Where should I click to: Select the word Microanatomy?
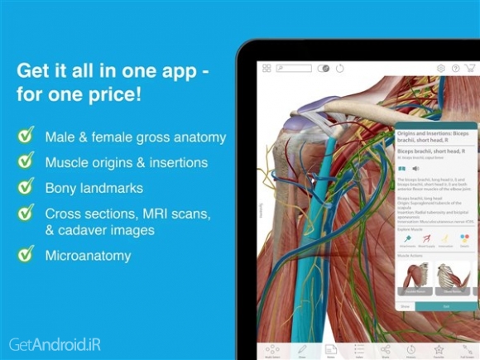[x=88, y=256]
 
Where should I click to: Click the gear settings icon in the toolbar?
[x=441, y=68]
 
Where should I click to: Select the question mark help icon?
[x=456, y=68]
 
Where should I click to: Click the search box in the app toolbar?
[x=294, y=68]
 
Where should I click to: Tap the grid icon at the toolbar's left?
[x=266, y=68]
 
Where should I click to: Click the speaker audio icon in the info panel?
[x=415, y=168]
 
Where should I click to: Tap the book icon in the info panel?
[x=402, y=168]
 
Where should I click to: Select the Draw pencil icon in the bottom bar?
[x=302, y=349]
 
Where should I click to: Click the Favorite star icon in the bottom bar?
[x=439, y=349]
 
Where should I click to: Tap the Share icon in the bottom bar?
[x=385, y=349]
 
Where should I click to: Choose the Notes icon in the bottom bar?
[x=329, y=349]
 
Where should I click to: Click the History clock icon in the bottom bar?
[x=411, y=349]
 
